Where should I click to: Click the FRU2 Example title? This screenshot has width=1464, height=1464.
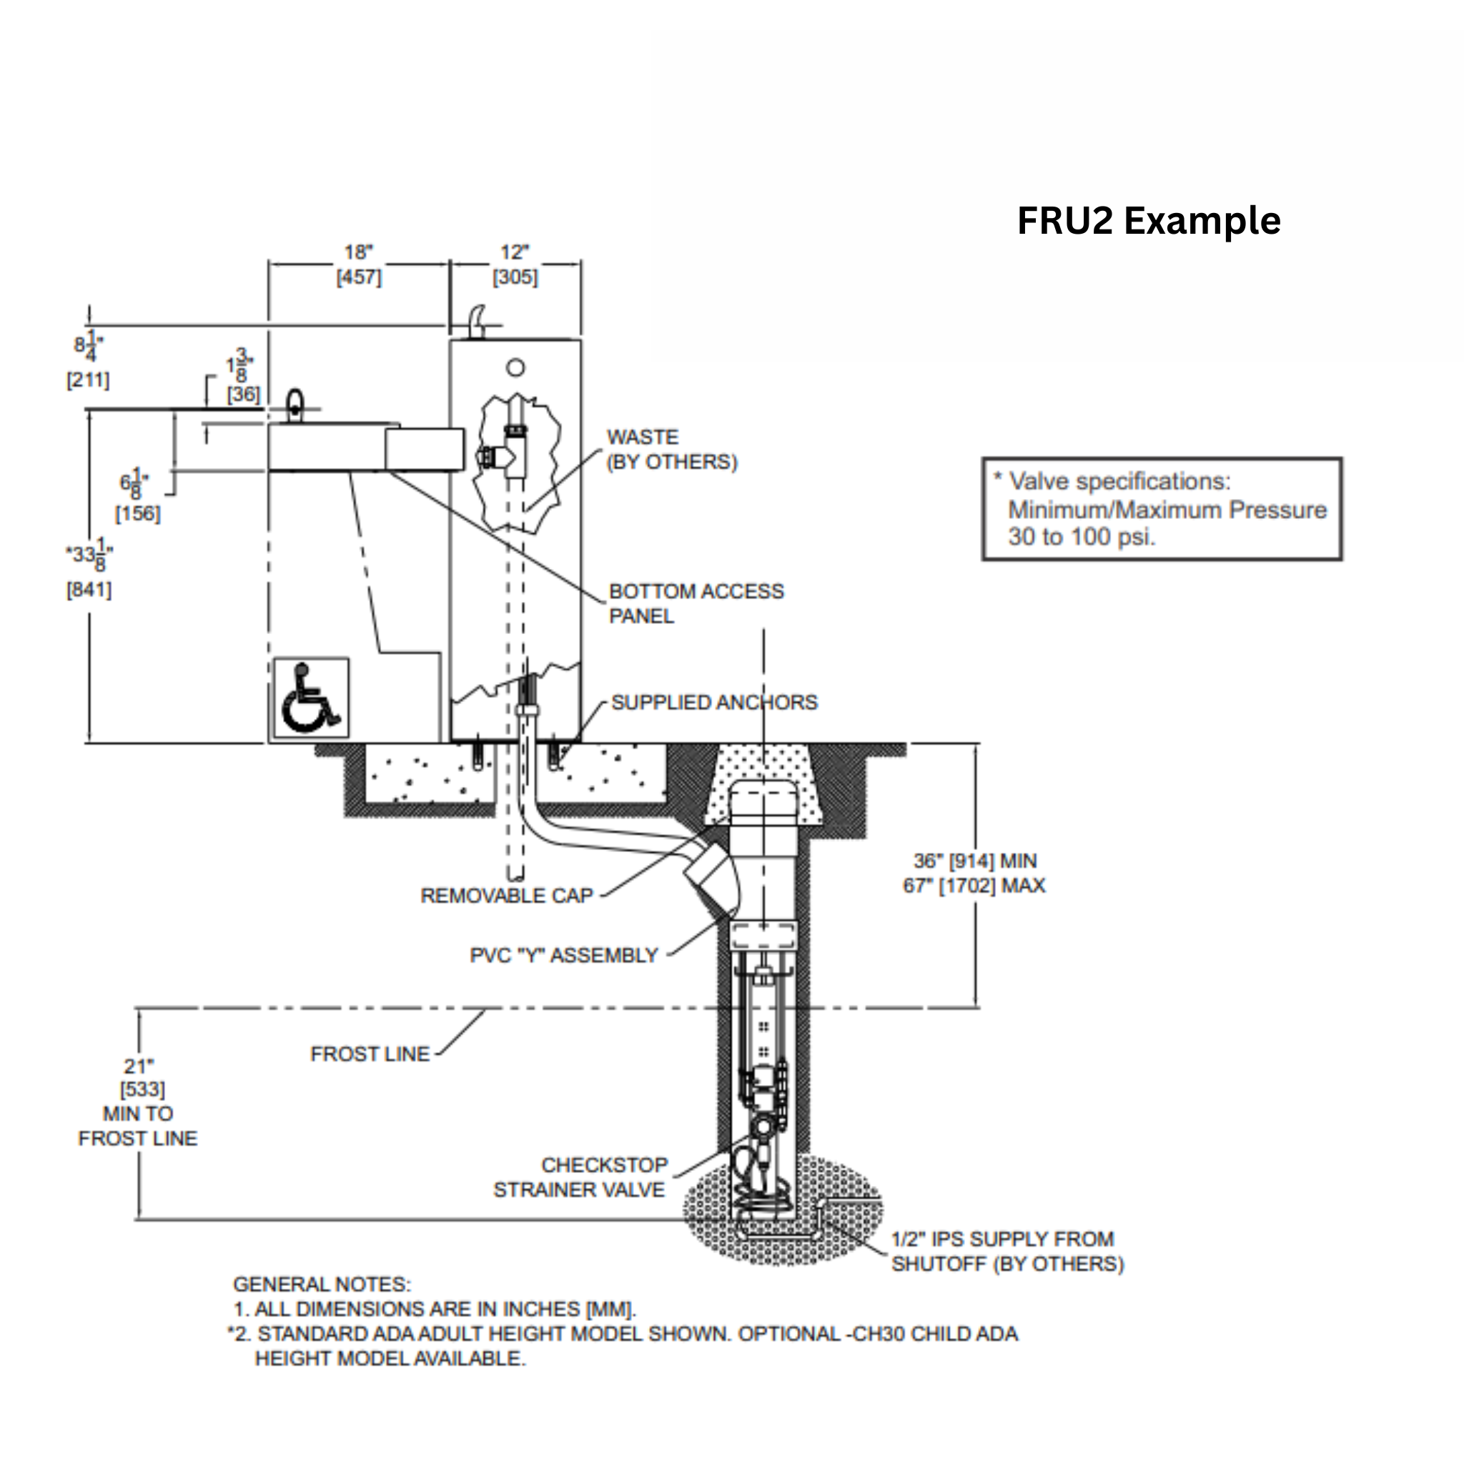click(1148, 222)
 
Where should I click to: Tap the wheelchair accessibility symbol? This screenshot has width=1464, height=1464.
click(311, 698)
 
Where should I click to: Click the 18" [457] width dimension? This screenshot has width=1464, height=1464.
click(358, 264)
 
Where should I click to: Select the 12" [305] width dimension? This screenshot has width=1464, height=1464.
click(515, 264)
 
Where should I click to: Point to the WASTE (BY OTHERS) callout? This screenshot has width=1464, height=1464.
click(671, 450)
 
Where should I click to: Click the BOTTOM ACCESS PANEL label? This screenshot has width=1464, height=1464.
click(696, 603)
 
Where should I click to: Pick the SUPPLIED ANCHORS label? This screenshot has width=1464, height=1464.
click(714, 703)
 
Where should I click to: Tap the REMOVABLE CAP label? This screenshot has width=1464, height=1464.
click(506, 896)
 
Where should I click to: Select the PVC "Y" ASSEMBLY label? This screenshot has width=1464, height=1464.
click(564, 956)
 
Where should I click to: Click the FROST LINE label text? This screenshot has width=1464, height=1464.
click(370, 1054)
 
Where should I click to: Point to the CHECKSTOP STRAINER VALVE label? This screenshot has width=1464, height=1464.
click(580, 1177)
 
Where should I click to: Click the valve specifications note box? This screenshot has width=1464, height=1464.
click(1161, 509)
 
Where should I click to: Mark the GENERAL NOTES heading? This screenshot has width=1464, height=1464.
click(321, 1285)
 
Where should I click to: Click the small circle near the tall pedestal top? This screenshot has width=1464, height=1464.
click(515, 368)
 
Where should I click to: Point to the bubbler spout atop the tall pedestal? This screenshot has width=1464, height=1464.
click(476, 320)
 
